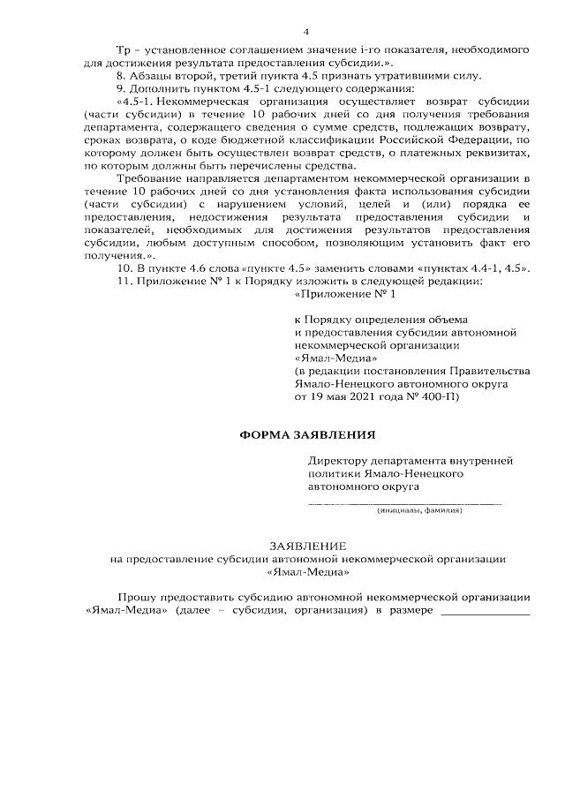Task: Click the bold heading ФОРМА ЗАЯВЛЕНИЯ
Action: pyautogui.click(x=308, y=434)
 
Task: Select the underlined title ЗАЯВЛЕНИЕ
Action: pyautogui.click(x=308, y=547)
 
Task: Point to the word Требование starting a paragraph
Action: pyautogui.click(x=148, y=178)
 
